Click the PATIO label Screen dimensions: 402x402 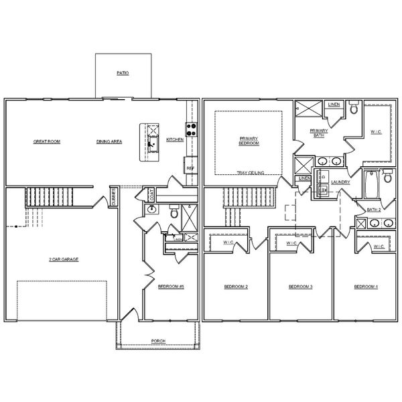pyautogui.click(x=123, y=72)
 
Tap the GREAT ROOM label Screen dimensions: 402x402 pyautogui.click(x=47, y=142)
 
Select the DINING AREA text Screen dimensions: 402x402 pyautogui.click(x=109, y=142)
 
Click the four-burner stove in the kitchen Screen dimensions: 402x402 pyautogui.click(x=191, y=129)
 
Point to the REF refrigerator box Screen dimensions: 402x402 pyautogui.click(x=190, y=167)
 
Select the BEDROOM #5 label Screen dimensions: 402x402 pyautogui.click(x=171, y=287)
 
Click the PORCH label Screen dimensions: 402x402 pyautogui.click(x=158, y=341)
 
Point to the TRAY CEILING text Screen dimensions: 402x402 pyautogui.click(x=250, y=173)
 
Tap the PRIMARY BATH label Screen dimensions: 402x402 pyautogui.click(x=320, y=133)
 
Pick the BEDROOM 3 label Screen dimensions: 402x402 pyautogui.click(x=301, y=287)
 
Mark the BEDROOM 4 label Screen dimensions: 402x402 pyautogui.click(x=366, y=287)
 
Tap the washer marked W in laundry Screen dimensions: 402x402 pyautogui.click(x=323, y=191)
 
